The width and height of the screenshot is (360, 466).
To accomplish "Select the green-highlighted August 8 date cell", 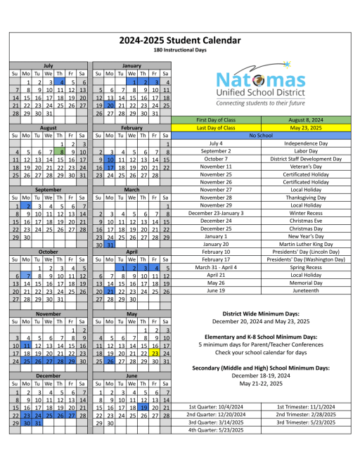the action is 60,152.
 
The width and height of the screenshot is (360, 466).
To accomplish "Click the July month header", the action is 49,65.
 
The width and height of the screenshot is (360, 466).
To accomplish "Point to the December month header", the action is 49,376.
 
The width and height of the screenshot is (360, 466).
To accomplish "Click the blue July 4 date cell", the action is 60,82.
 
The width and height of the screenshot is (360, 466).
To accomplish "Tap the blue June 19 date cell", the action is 143,407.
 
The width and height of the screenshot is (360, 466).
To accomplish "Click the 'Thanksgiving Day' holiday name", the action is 306,198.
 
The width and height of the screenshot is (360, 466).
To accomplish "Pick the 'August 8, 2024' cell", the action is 306,119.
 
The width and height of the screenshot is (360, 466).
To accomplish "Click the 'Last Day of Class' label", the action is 216,127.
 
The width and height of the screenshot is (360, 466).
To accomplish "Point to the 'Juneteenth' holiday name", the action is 306,290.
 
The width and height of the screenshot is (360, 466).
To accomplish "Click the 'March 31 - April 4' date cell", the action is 216,267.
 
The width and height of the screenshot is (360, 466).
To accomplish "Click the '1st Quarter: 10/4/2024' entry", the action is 216,407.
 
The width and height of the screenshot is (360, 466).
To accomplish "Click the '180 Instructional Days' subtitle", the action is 180,51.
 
